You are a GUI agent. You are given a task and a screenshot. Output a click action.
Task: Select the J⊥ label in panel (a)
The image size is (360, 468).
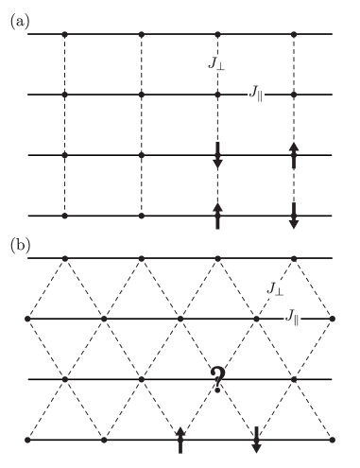(221, 64)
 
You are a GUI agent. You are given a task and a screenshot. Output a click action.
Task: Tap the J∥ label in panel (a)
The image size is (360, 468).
(256, 92)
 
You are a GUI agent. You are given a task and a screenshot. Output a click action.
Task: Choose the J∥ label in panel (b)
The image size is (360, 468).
(293, 318)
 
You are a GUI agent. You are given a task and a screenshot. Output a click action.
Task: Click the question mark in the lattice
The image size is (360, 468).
(218, 381)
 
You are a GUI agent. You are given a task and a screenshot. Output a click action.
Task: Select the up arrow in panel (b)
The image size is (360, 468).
(180, 440)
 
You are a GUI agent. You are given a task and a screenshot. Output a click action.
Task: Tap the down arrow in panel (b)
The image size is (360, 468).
(256, 440)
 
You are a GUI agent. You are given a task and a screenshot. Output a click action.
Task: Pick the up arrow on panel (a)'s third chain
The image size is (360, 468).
(217, 214)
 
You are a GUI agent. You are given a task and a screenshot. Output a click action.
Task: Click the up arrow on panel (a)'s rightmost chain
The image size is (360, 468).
(294, 155)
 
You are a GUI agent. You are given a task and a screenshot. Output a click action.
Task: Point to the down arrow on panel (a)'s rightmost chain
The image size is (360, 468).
(294, 214)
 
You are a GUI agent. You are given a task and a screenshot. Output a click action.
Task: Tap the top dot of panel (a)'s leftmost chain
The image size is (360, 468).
(64, 34)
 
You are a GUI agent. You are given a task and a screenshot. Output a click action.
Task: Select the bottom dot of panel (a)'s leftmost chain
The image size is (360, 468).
(64, 217)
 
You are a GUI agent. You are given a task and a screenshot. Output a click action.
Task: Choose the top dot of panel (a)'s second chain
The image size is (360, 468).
(141, 34)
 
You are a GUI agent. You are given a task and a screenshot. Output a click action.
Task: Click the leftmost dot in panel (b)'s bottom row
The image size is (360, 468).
(27, 440)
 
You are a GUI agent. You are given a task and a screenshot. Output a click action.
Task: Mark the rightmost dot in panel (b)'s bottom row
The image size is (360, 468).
(333, 440)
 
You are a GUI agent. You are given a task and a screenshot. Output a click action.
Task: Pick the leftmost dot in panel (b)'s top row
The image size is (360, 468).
(64, 258)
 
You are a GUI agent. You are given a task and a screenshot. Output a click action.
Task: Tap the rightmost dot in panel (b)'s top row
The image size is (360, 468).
(294, 258)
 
